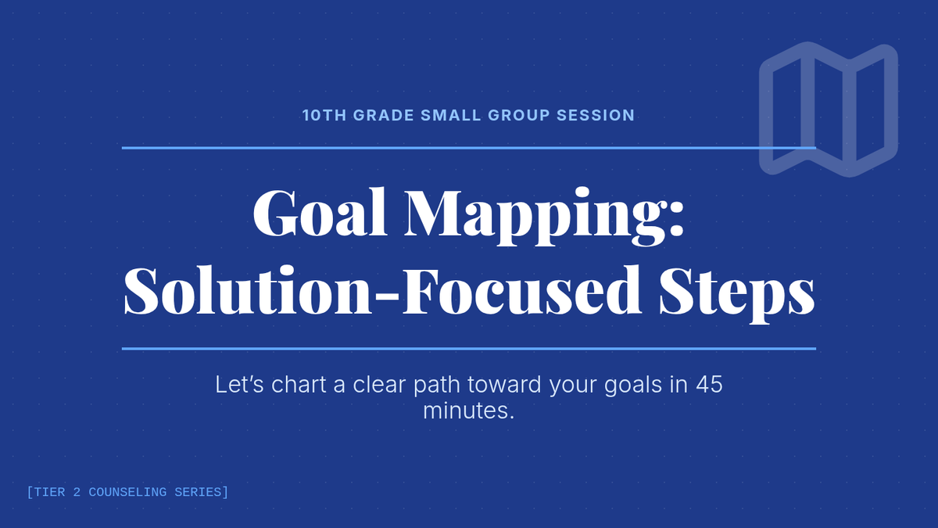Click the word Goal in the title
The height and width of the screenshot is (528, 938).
pos(320,214)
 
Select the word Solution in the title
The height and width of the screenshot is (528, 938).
pos(248,290)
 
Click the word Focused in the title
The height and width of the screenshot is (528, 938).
pos(522,290)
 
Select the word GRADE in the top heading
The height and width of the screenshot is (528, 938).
pos(384,115)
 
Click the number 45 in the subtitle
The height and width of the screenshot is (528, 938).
pos(710,384)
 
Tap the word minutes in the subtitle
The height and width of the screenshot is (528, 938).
pos(468,410)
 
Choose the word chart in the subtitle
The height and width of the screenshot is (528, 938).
pos(299,384)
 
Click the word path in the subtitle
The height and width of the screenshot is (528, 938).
pos(437,386)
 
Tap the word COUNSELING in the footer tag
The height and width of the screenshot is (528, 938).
pos(127,492)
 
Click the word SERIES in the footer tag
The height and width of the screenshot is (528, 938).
pos(198,492)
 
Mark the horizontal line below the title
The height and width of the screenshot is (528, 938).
pos(469,349)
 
